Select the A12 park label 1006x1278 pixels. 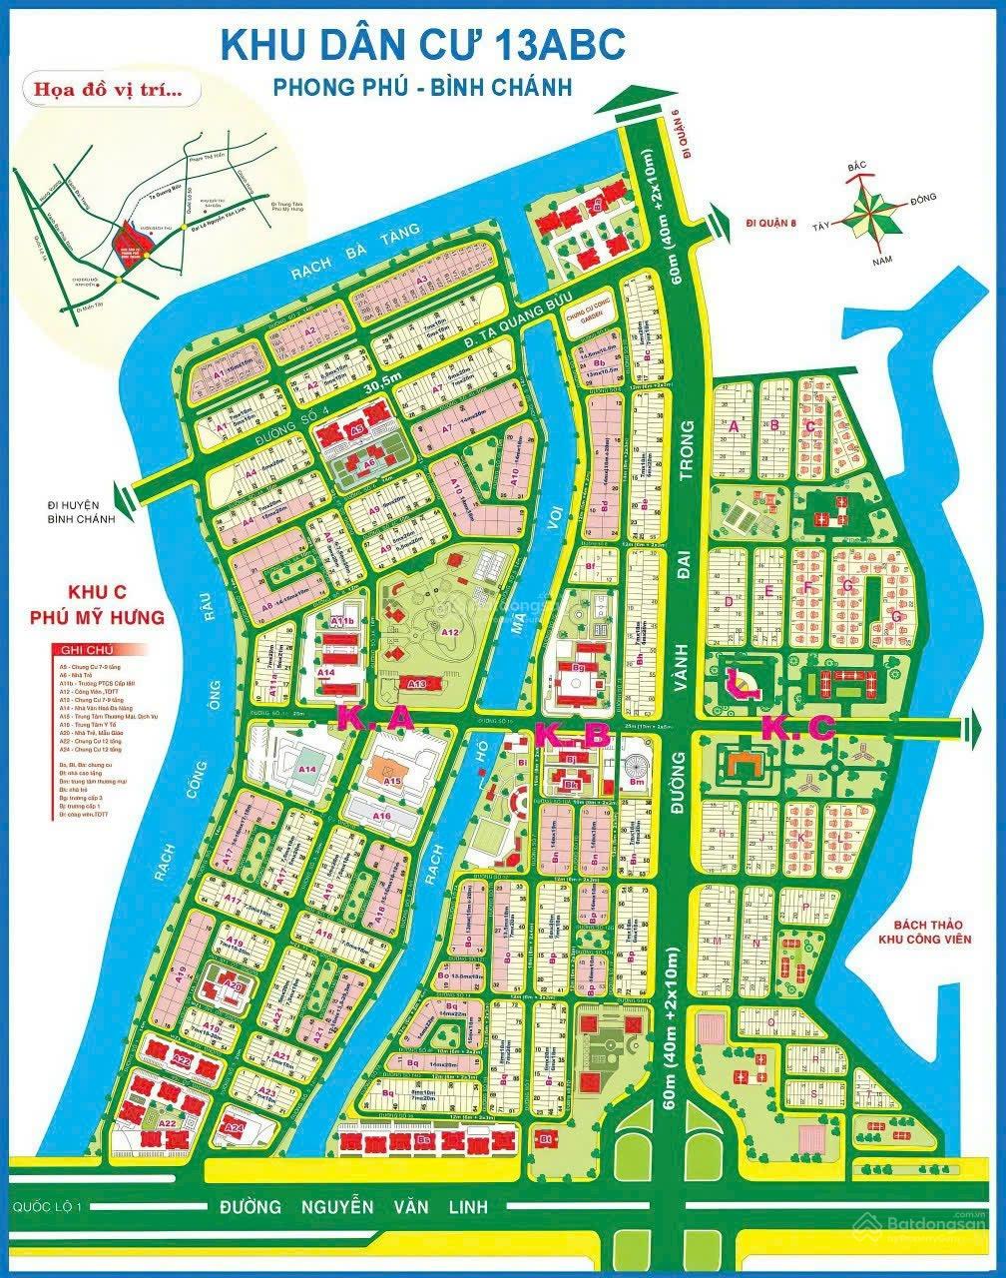pyautogui.click(x=449, y=632)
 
